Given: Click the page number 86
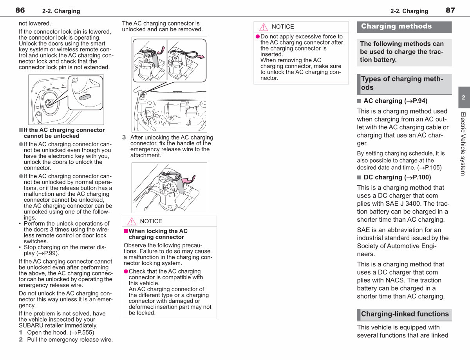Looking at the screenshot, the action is (20, 10).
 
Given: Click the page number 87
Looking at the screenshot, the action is (450, 10).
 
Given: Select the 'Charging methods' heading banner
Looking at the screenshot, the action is (404, 27).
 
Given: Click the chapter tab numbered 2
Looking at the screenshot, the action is (464, 97).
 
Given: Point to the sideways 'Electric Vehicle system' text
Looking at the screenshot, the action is (463, 143).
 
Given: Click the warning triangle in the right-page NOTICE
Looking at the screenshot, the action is (264, 27).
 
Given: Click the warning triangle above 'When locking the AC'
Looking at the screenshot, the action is (132, 221).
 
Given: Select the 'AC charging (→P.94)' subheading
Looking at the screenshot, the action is (395, 101).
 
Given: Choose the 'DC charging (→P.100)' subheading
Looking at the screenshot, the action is (397, 177).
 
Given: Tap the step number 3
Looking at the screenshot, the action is (124, 137).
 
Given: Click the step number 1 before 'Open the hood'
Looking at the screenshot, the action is (20, 332).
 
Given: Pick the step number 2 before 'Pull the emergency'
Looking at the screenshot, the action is (21, 340).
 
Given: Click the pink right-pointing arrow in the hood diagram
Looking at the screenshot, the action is (201, 57).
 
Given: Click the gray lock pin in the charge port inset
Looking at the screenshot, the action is (85, 97).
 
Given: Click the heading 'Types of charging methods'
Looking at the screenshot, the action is (402, 83).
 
